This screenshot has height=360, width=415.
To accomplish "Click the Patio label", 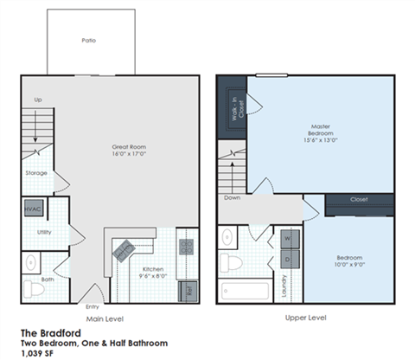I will coord(88,41).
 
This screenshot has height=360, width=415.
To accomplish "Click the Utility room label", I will coord(44,232).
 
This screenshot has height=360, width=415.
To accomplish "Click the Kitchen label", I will coord(153,269).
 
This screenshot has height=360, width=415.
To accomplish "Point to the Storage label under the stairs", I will coord(37,172).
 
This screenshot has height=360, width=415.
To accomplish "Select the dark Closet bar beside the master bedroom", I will coord(359,200).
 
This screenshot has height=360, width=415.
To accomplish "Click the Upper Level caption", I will coord(304,318).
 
